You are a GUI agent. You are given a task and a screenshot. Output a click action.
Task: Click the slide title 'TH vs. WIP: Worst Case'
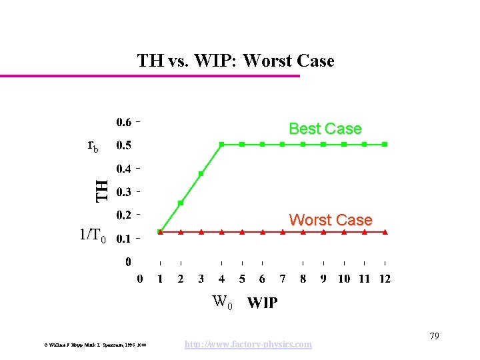point(235,61)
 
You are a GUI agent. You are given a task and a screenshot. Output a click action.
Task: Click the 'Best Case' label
point(325,129)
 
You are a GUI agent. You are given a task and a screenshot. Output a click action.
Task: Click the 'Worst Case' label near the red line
point(330,219)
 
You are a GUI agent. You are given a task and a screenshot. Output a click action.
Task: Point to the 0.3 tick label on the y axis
point(124,192)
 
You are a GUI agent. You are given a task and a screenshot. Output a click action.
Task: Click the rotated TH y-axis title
point(101,189)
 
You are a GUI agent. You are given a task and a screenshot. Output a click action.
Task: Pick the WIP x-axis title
point(263,303)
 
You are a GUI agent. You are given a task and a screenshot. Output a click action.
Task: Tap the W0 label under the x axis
point(223,303)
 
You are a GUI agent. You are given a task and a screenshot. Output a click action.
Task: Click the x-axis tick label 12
point(385,279)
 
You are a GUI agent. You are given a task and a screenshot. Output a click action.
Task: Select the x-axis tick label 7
point(283,279)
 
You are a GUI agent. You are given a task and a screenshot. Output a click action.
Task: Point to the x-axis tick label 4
point(222,279)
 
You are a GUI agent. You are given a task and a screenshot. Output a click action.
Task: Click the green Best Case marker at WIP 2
point(181,203)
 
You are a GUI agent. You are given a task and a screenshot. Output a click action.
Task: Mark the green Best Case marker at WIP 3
point(201,173)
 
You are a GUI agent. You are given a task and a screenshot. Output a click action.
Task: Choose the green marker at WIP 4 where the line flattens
point(222,144)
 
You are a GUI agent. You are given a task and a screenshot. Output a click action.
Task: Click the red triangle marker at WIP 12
point(385,232)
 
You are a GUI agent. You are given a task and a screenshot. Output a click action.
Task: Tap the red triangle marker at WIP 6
point(263,232)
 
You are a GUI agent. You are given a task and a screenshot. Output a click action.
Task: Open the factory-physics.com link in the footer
point(248,344)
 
